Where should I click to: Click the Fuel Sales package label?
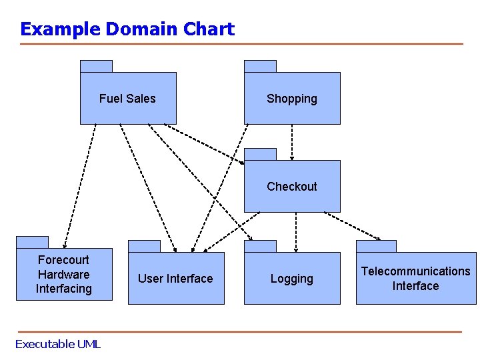click(127, 99)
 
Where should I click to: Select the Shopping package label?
click(292, 99)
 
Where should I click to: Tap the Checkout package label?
click(292, 187)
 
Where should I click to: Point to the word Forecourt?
click(63, 260)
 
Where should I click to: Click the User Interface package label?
click(175, 279)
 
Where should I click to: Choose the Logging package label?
click(291, 279)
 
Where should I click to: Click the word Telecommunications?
click(415, 271)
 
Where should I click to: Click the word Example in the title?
click(61, 29)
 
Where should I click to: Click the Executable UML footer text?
click(57, 344)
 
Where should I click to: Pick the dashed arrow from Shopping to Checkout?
click(292, 136)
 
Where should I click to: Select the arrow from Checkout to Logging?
click(296, 227)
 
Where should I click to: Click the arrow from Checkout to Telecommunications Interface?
click(352, 226)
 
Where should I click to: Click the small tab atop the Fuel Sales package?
click(96, 66)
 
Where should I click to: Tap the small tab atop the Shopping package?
click(260, 66)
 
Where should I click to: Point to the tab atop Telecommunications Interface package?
click(376, 246)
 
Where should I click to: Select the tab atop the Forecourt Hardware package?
click(32, 242)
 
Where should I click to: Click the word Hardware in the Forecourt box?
click(63, 275)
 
